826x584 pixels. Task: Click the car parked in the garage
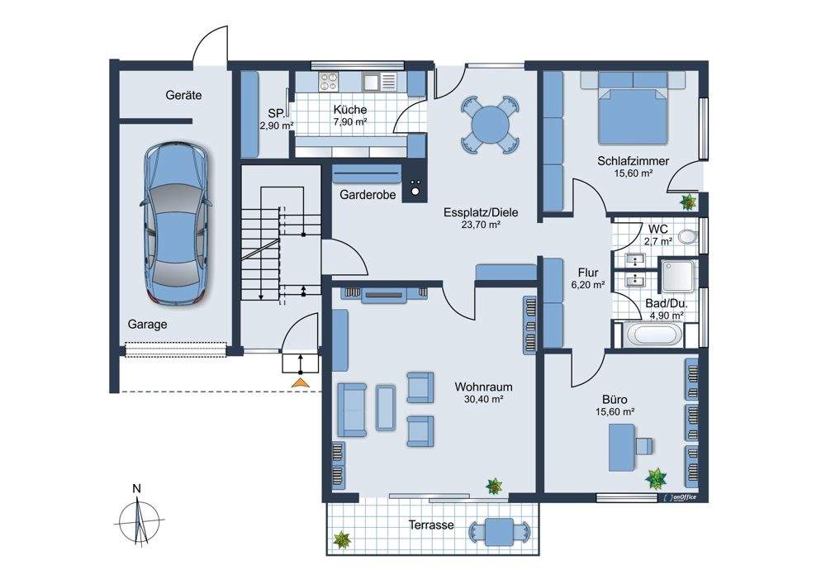pyautogui.click(x=177, y=225)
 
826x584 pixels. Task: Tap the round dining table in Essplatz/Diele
pyautogui.click(x=490, y=124)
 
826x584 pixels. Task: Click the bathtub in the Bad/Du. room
pyautogui.click(x=653, y=335)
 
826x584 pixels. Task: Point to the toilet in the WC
pyautogui.click(x=687, y=236)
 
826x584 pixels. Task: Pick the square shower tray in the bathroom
pyautogui.click(x=680, y=276)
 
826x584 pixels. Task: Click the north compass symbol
pyautogui.click(x=138, y=520)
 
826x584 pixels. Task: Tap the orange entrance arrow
pyautogui.click(x=301, y=383)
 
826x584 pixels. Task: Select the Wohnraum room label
pyautogui.click(x=483, y=387)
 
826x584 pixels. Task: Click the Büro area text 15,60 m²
pyautogui.click(x=615, y=412)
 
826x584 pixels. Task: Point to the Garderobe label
pyautogui.click(x=368, y=195)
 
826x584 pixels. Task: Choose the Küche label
pyautogui.click(x=350, y=110)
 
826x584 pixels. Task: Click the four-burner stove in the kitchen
pyautogui.click(x=328, y=82)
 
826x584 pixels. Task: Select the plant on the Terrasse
pyautogui.click(x=342, y=539)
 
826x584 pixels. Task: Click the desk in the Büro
pyautogui.click(x=622, y=448)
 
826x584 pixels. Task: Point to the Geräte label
pyautogui.click(x=183, y=95)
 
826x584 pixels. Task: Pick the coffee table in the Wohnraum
pyautogui.click(x=385, y=407)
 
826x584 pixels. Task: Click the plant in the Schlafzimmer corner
pyautogui.click(x=688, y=202)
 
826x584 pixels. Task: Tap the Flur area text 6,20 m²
pyautogui.click(x=588, y=285)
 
